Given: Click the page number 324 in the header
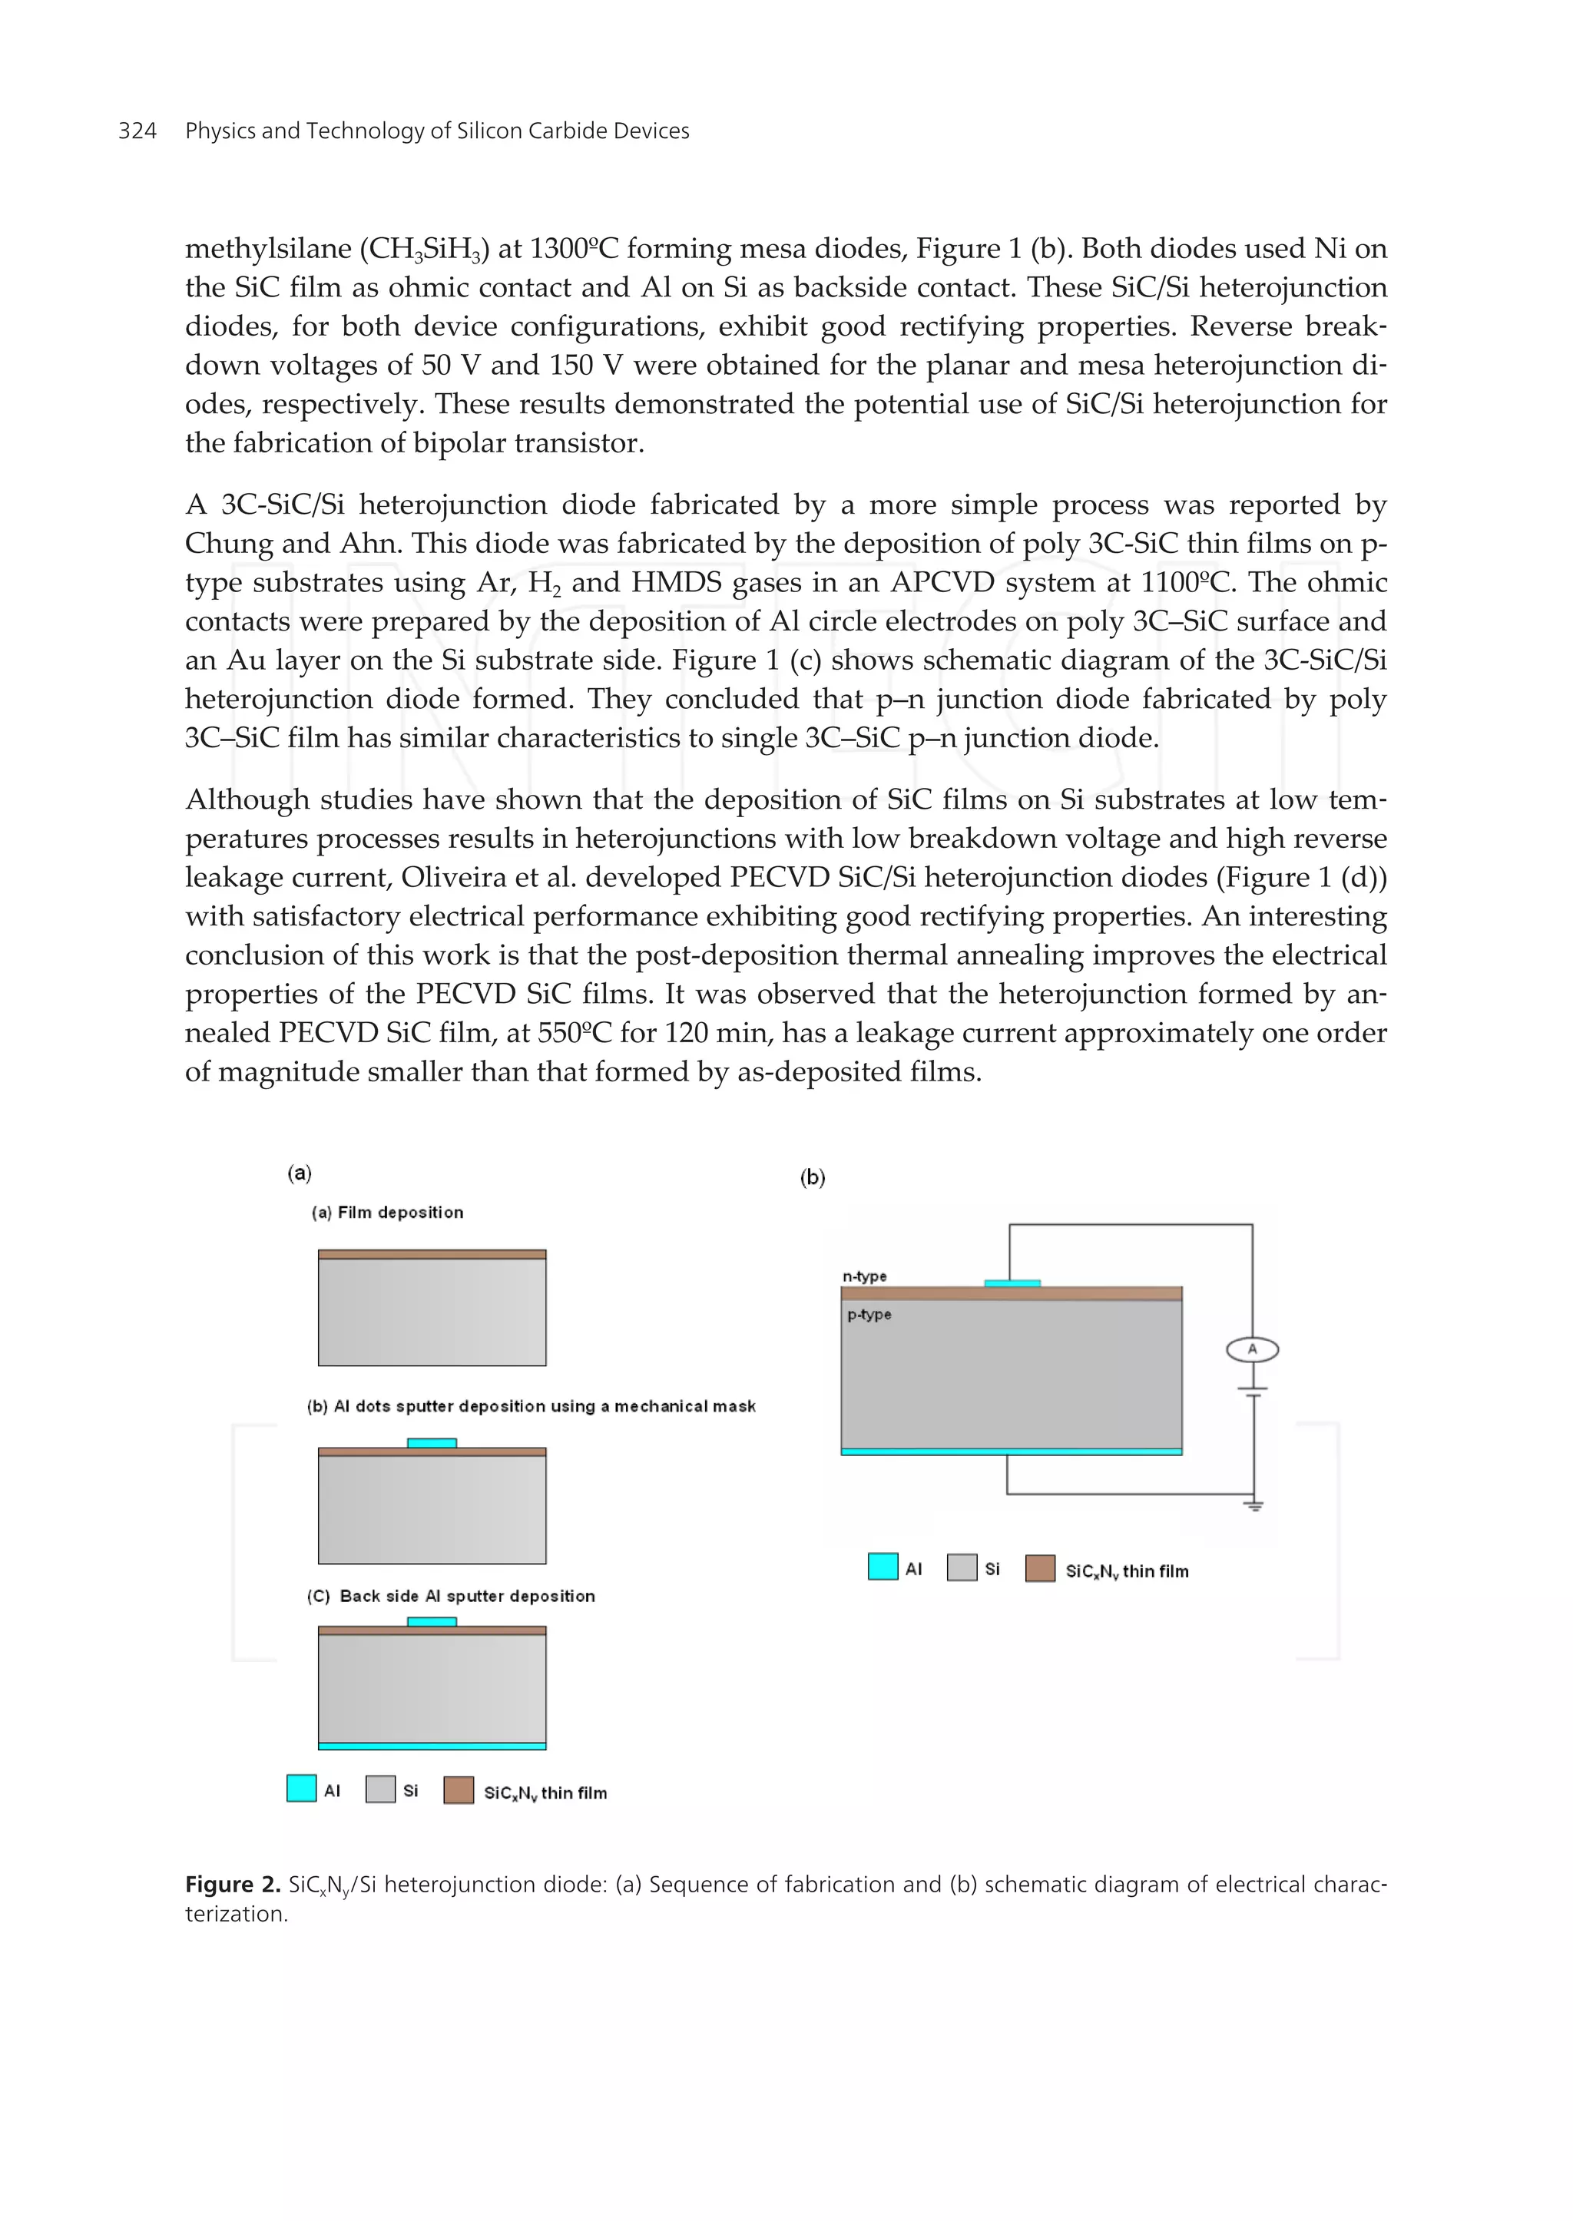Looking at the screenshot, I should [x=137, y=131].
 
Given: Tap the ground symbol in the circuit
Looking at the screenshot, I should [x=1254, y=1506].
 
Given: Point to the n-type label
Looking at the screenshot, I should [x=864, y=1276].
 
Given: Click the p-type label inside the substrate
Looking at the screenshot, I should [x=869, y=1314].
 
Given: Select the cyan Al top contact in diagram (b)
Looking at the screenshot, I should [x=1012, y=1283].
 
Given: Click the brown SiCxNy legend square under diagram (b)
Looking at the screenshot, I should [x=1039, y=1568].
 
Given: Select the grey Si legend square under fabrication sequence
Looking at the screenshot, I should [x=379, y=1789].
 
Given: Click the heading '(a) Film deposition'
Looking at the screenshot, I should [x=387, y=1213].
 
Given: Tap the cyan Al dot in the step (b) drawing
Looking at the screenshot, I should [x=432, y=1443].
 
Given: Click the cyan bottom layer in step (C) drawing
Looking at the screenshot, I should [x=432, y=1746].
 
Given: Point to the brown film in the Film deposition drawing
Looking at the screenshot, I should [x=432, y=1254].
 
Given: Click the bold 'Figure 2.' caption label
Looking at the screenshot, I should [x=233, y=1884].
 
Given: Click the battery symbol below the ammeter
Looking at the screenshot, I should [x=1253, y=1392].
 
